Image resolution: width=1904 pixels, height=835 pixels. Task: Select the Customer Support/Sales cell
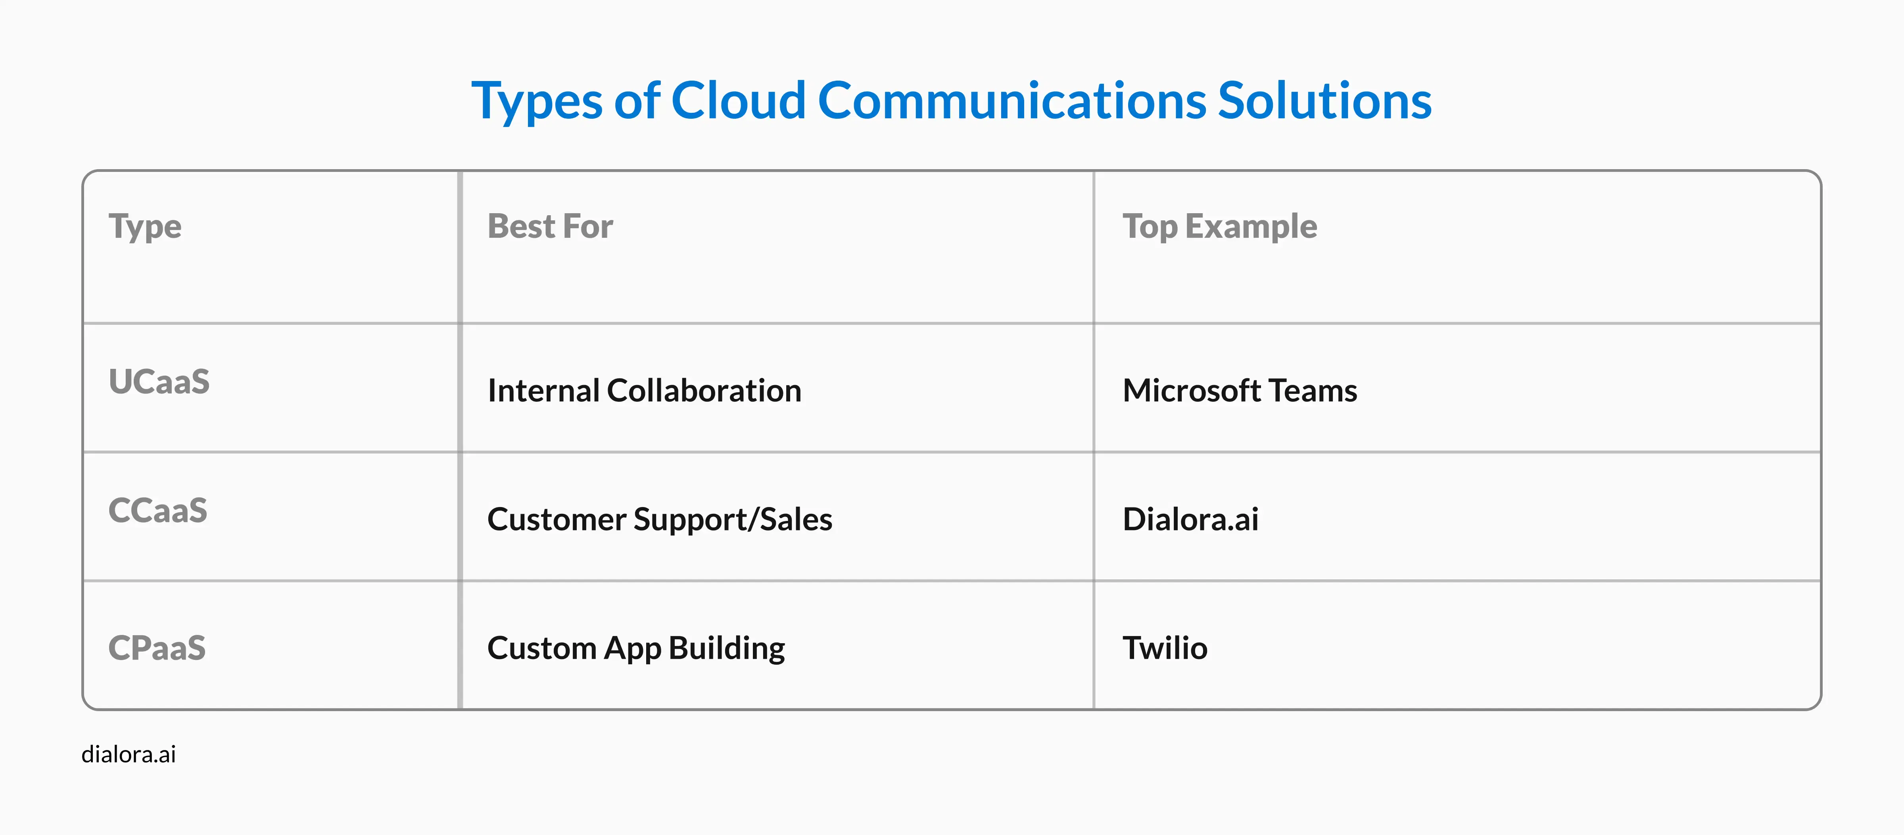[659, 519]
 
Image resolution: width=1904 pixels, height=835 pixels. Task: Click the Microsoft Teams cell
[1240, 391]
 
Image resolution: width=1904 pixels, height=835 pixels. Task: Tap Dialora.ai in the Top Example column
[1190, 519]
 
